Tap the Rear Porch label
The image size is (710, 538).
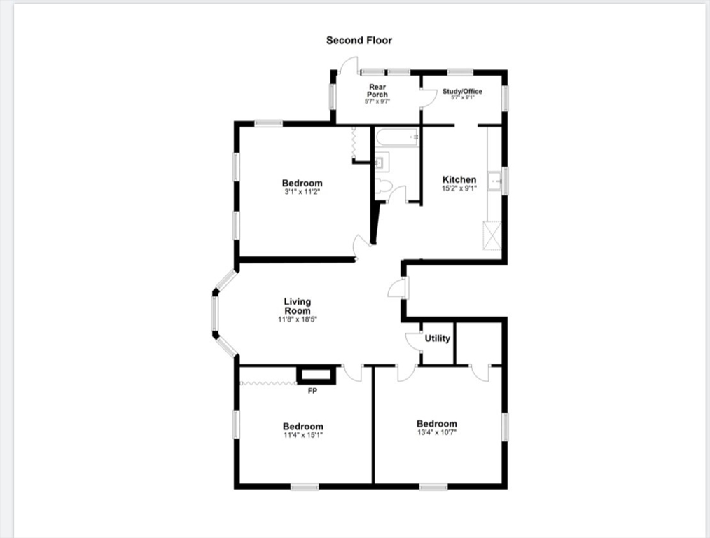click(x=377, y=91)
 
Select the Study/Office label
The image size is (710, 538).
click(x=462, y=92)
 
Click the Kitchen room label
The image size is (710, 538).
click(x=459, y=180)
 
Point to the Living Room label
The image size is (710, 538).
click(x=298, y=306)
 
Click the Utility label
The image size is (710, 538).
click(x=438, y=338)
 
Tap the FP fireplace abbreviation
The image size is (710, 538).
click(x=312, y=391)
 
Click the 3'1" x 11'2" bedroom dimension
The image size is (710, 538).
click(x=302, y=192)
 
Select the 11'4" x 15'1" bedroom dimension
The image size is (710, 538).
click(x=302, y=435)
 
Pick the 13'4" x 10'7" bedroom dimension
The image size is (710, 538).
click(x=436, y=432)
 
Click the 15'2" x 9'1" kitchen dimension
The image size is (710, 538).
click(x=459, y=188)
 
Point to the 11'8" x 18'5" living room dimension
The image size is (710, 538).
click(x=298, y=319)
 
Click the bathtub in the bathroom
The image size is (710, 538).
click(x=397, y=137)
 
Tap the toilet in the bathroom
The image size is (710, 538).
click(x=382, y=186)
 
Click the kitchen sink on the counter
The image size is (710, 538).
click(x=495, y=181)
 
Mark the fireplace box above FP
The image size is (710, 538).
click(x=316, y=375)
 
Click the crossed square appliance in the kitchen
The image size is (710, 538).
click(x=492, y=235)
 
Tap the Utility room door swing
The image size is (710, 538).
click(x=413, y=339)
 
